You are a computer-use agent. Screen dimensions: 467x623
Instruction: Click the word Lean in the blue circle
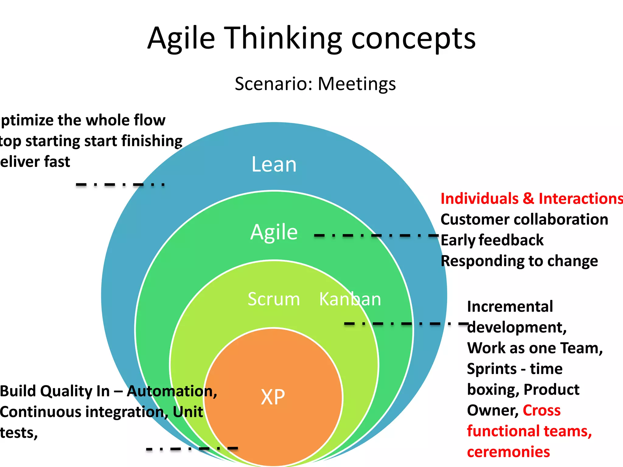(274, 164)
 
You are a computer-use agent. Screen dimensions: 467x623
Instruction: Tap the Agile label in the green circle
(274, 232)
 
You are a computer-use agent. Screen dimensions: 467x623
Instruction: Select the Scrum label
(274, 299)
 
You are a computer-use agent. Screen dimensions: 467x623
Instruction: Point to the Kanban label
(350, 299)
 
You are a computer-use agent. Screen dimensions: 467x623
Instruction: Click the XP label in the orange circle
(273, 397)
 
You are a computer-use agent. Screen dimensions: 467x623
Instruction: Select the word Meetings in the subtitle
(357, 84)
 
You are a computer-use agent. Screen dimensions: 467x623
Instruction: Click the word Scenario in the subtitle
(274, 84)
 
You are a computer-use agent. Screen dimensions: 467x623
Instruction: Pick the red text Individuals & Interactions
(531, 199)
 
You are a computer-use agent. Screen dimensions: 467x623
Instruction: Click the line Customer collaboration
(524, 220)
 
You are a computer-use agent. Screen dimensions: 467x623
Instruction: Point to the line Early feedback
(492, 240)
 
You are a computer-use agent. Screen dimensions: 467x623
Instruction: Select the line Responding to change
(519, 261)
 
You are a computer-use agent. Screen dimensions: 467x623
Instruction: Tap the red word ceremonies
(508, 452)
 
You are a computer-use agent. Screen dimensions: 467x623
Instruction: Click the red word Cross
(541, 410)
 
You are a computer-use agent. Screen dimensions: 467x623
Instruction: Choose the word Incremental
(510, 306)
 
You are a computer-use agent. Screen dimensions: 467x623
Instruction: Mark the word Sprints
(492, 369)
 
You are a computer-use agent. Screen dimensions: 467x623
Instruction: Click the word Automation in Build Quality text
(172, 391)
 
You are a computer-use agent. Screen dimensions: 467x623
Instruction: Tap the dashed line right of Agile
(376, 235)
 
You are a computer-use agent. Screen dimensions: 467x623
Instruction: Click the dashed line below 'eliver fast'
(120, 185)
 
